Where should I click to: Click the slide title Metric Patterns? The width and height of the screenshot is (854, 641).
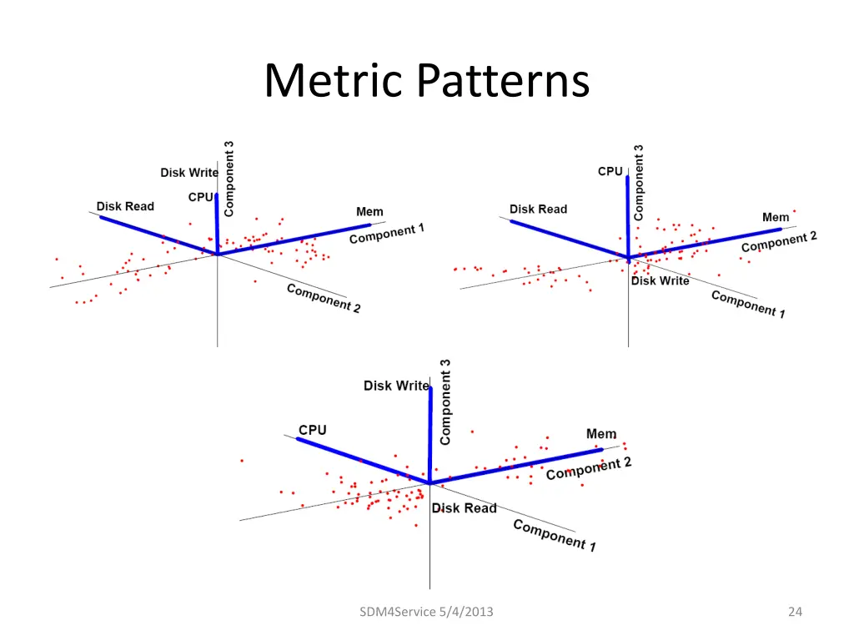(426, 81)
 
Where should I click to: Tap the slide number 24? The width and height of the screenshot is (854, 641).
(794, 612)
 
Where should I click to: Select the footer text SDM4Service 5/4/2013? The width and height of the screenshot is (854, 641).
(425, 612)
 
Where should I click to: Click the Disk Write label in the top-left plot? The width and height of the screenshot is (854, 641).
(189, 173)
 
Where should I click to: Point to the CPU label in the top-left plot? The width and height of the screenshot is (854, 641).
(201, 197)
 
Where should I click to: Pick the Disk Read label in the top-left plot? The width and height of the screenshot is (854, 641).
(125, 206)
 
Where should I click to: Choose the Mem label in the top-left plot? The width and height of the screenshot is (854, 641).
(369, 212)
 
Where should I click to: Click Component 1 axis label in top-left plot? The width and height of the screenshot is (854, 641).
(386, 234)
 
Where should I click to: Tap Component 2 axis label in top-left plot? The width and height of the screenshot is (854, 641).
(324, 298)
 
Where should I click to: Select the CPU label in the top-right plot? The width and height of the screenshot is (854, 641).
(610, 171)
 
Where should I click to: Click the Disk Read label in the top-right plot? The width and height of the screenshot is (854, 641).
(538, 209)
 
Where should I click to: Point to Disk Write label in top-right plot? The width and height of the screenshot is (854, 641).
(660, 281)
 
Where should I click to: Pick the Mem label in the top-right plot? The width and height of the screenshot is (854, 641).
(776, 217)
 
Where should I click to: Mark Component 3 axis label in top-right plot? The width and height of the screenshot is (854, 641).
(639, 182)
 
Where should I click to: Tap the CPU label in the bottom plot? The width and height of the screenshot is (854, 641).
(313, 430)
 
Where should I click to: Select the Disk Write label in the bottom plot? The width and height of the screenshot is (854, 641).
(396, 386)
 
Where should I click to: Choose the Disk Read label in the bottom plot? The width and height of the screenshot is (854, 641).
(464, 508)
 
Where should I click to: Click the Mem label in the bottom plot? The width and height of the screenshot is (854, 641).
(601, 434)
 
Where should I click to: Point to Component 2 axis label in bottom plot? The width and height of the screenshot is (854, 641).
(589, 468)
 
